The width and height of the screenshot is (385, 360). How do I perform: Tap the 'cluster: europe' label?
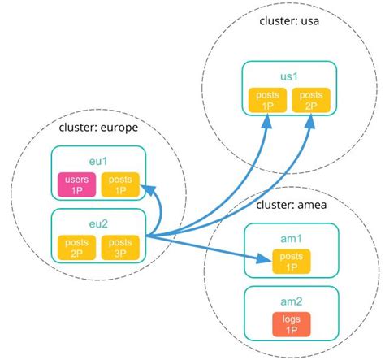click(97, 127)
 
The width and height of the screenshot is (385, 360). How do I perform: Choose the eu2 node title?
click(97, 220)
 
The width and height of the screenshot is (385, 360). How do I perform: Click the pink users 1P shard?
click(76, 185)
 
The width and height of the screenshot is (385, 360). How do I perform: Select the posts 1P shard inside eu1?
click(120, 185)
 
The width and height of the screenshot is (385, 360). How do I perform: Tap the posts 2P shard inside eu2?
click(76, 247)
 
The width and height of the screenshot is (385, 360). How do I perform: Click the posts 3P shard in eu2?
click(120, 247)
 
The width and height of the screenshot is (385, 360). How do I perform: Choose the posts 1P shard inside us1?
click(267, 101)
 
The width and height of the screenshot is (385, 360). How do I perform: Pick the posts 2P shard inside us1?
click(311, 101)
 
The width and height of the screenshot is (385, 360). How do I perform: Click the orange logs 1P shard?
click(289, 325)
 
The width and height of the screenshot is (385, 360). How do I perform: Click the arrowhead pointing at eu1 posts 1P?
click(146, 189)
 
